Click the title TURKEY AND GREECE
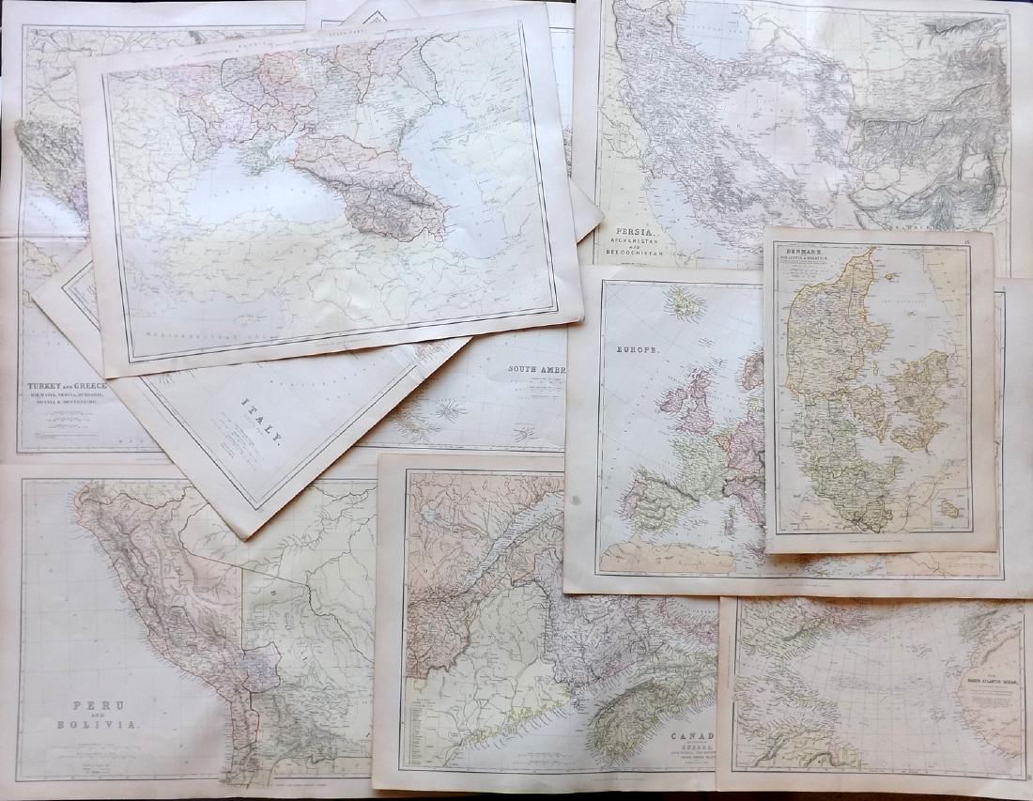pyautogui.click(x=67, y=386)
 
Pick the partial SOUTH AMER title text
pyautogui.click(x=537, y=369)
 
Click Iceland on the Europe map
pyautogui.click(x=686, y=302)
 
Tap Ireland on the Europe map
pyautogui.click(x=672, y=399)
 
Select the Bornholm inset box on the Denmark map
pyautogui.click(x=950, y=507)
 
